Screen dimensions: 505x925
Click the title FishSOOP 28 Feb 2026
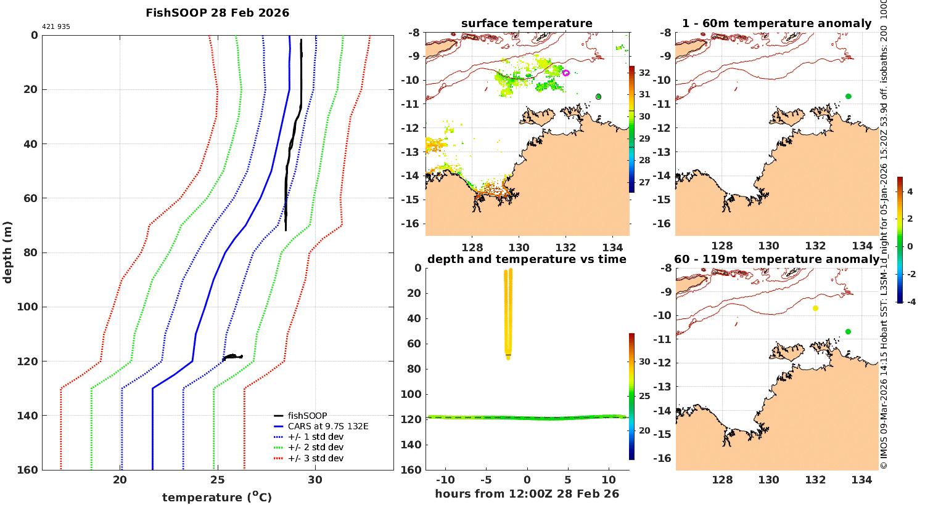tap(217, 13)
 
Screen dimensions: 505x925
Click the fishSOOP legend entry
tap(307, 416)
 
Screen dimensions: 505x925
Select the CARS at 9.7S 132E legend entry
tap(327, 426)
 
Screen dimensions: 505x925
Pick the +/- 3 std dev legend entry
tap(315, 458)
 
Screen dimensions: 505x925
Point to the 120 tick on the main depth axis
tap(28, 362)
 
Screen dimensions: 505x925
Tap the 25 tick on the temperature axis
tap(217, 480)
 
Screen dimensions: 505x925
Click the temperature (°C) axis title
tap(217, 497)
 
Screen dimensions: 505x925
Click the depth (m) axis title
tap(8, 252)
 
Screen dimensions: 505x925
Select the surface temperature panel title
tap(527, 23)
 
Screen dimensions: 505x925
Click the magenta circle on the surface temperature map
tap(566, 73)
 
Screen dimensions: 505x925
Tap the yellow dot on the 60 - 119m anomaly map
tap(815, 308)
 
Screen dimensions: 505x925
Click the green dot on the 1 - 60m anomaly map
tap(849, 96)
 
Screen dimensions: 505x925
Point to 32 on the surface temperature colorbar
tap(644, 73)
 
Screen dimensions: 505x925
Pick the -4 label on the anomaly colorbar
tap(910, 302)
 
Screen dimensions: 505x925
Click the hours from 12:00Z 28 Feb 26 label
tap(527, 494)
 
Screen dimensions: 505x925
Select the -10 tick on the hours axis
tap(445, 480)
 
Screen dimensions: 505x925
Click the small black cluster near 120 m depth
tap(232, 357)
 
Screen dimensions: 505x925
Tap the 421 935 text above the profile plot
tap(56, 27)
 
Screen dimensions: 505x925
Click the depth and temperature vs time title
tap(527, 259)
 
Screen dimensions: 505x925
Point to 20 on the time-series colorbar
tap(644, 430)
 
